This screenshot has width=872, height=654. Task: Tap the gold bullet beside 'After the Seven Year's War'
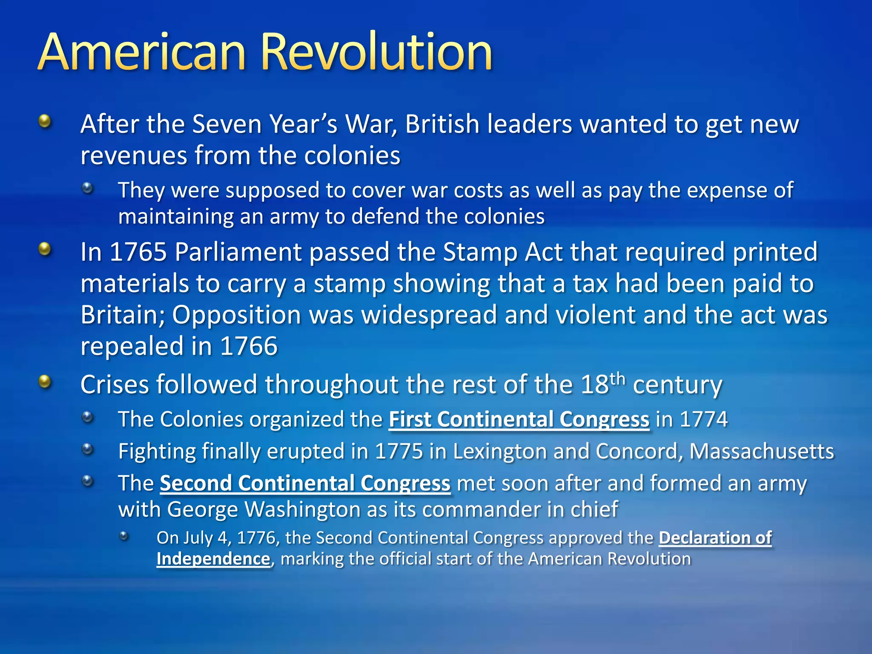coord(45,122)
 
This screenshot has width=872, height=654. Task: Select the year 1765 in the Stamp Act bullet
coord(138,252)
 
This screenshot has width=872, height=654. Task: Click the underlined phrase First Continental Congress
coord(519,419)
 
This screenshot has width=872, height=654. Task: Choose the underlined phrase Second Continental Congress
coord(305,483)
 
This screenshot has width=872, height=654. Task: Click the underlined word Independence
coord(213,559)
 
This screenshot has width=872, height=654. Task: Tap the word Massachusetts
coord(761,451)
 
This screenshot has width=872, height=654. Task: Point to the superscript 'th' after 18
coord(617,379)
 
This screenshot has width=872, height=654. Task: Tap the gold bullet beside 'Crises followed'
coord(45,381)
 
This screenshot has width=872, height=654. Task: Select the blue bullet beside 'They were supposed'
coord(87,188)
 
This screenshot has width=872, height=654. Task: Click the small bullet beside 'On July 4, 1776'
coord(124,536)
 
